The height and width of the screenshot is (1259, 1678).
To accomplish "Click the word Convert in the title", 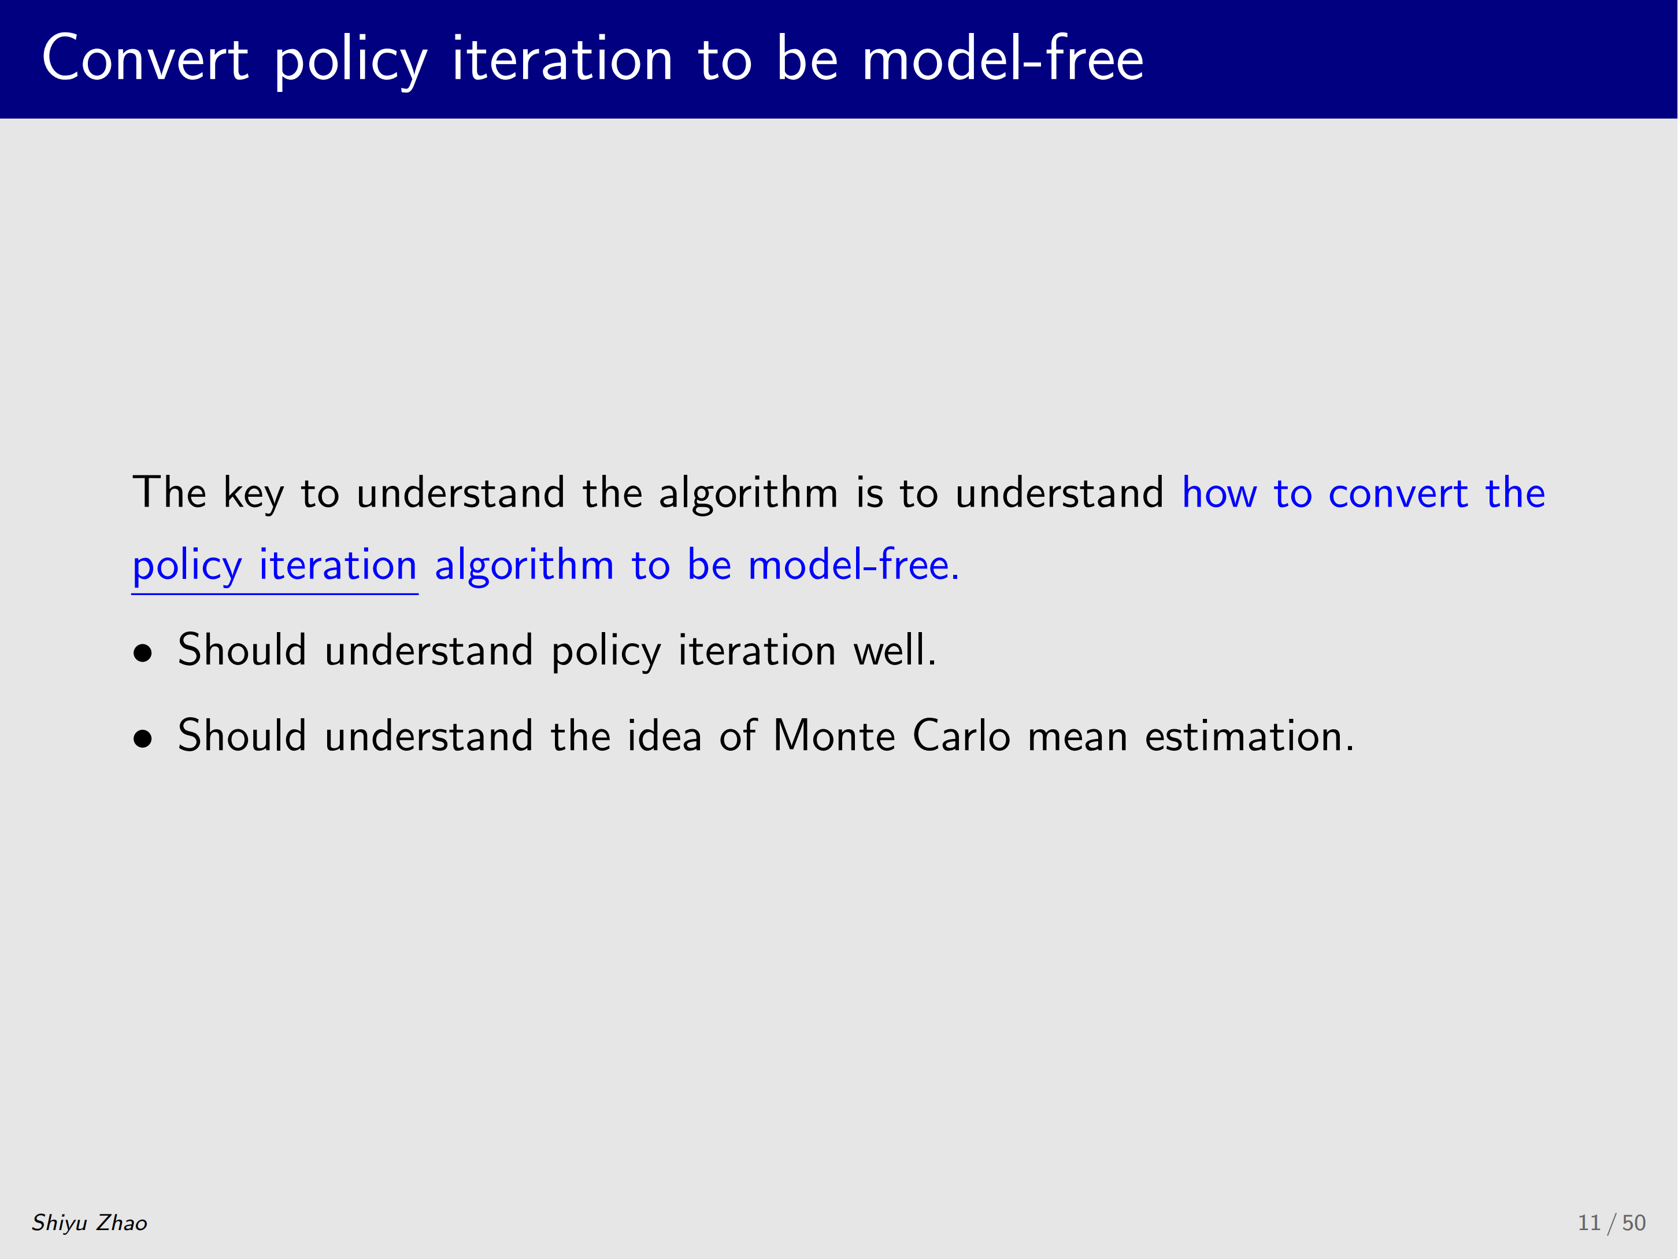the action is [145, 58].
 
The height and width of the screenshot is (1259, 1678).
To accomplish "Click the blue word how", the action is [1219, 493].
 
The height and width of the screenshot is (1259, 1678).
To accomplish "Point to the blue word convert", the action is [1398, 494].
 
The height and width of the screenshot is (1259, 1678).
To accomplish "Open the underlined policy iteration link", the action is [275, 567].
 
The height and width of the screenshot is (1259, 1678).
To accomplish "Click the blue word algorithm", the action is [524, 566].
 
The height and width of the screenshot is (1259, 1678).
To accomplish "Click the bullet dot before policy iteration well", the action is [143, 653].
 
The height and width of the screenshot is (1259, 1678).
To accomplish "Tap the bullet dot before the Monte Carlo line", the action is [143, 739].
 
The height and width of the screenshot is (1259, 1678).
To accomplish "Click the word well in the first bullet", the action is [895, 649].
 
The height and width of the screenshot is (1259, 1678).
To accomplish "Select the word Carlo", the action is [962, 736].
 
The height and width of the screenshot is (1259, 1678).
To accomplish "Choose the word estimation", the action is [1249, 736].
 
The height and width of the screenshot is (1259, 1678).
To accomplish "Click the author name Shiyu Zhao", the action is [90, 1223].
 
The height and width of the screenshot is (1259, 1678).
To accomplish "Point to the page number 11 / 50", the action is [1612, 1223].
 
